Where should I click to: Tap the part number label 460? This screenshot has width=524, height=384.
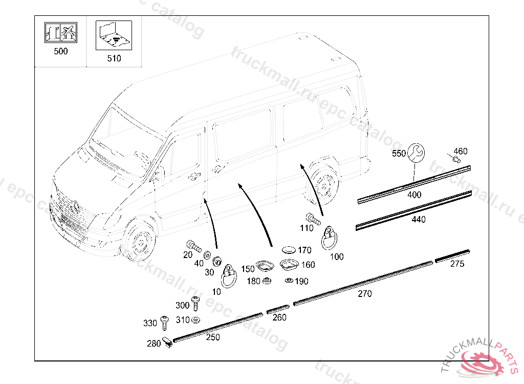click(x=461, y=151)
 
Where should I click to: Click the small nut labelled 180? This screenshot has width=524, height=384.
click(x=266, y=281)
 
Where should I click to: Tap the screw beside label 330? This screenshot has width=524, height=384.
click(x=164, y=323)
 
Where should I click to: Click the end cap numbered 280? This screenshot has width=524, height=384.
click(x=168, y=342)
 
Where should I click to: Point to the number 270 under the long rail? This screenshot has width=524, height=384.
click(x=365, y=294)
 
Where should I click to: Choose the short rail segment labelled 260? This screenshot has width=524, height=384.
click(x=278, y=309)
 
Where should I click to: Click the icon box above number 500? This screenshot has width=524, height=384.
click(x=60, y=33)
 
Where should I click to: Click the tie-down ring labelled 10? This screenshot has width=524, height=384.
click(x=228, y=276)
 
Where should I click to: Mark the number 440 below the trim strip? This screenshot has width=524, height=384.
click(x=418, y=219)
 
